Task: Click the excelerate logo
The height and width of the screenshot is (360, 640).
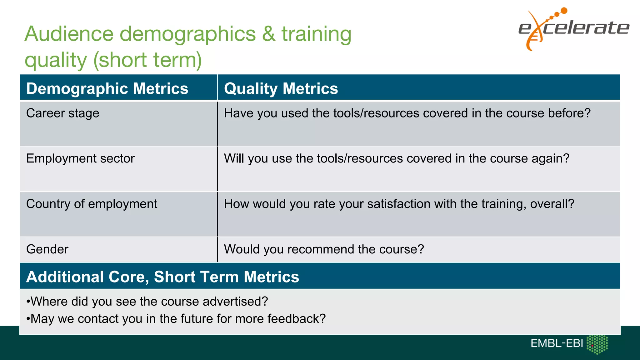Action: (574, 29)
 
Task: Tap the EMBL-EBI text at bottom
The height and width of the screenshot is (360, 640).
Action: (557, 343)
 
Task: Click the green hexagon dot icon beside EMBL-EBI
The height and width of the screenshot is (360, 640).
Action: (597, 344)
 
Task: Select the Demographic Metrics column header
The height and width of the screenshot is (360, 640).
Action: (107, 88)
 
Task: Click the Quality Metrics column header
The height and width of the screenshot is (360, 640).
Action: (281, 88)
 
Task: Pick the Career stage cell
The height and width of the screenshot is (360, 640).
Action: (63, 113)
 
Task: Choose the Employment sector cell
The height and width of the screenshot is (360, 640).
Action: (80, 158)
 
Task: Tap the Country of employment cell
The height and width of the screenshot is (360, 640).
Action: (92, 204)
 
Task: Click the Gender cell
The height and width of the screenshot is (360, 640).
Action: (47, 249)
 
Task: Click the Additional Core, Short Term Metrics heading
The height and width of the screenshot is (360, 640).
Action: (162, 277)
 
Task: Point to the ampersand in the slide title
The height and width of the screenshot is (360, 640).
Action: (269, 34)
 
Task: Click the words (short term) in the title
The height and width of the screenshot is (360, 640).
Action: (147, 60)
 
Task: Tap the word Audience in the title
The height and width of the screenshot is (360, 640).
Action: (69, 34)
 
